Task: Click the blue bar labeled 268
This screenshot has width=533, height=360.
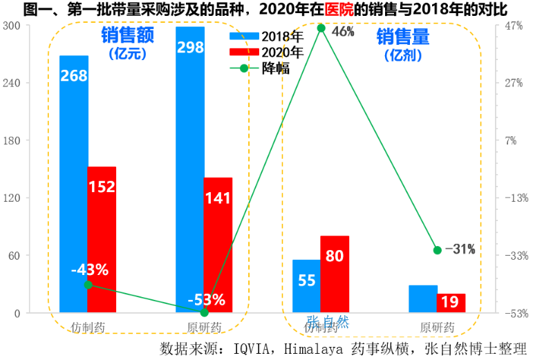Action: [x=73, y=184]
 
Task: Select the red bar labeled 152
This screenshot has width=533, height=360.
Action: [x=102, y=239]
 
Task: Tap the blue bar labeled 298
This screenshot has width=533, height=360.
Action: [x=190, y=169]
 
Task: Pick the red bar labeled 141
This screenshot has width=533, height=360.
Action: [x=218, y=245]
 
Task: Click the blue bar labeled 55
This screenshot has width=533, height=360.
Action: [x=306, y=286]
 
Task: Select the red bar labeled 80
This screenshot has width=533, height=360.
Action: [x=335, y=274]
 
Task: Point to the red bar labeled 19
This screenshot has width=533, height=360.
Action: [x=451, y=303]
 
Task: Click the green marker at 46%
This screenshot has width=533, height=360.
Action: [x=321, y=28]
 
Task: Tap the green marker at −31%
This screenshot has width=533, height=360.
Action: [x=437, y=250]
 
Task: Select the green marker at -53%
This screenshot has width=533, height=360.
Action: [x=204, y=312]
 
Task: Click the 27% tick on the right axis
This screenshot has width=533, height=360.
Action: [x=513, y=83]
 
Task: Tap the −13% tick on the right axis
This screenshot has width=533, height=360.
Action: [x=512, y=198]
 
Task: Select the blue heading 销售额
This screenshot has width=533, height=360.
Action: [x=127, y=35]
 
